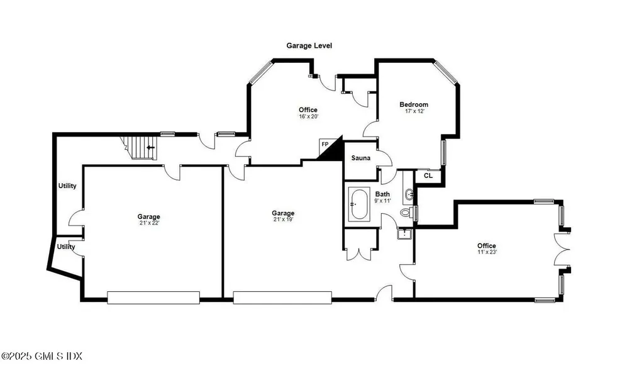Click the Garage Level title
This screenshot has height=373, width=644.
pyautogui.click(x=309, y=46)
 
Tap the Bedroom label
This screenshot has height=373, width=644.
pyautogui.click(x=414, y=104)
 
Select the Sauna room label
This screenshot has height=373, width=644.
pyautogui.click(x=360, y=158)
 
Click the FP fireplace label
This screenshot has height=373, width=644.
pyautogui.click(x=325, y=145)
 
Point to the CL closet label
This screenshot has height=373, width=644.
pyautogui.click(x=428, y=176)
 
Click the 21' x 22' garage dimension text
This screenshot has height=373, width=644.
pyautogui.click(x=150, y=223)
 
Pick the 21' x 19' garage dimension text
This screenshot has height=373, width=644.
pyautogui.click(x=283, y=220)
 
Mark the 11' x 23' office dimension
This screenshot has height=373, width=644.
pyautogui.click(x=486, y=252)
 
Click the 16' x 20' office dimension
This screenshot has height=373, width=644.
pyautogui.click(x=308, y=116)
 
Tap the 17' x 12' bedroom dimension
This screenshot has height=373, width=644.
pyautogui.click(x=414, y=111)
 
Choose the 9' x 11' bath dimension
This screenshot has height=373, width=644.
pyautogui.click(x=382, y=201)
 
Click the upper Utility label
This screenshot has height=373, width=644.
pyautogui.click(x=67, y=186)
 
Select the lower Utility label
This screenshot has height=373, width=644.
pyautogui.click(x=66, y=247)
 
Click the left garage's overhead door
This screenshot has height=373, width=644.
pyautogui.click(x=153, y=298)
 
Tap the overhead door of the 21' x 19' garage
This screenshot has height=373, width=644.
pyautogui.click(x=282, y=298)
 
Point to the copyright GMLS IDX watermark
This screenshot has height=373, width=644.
pyautogui.click(x=42, y=357)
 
